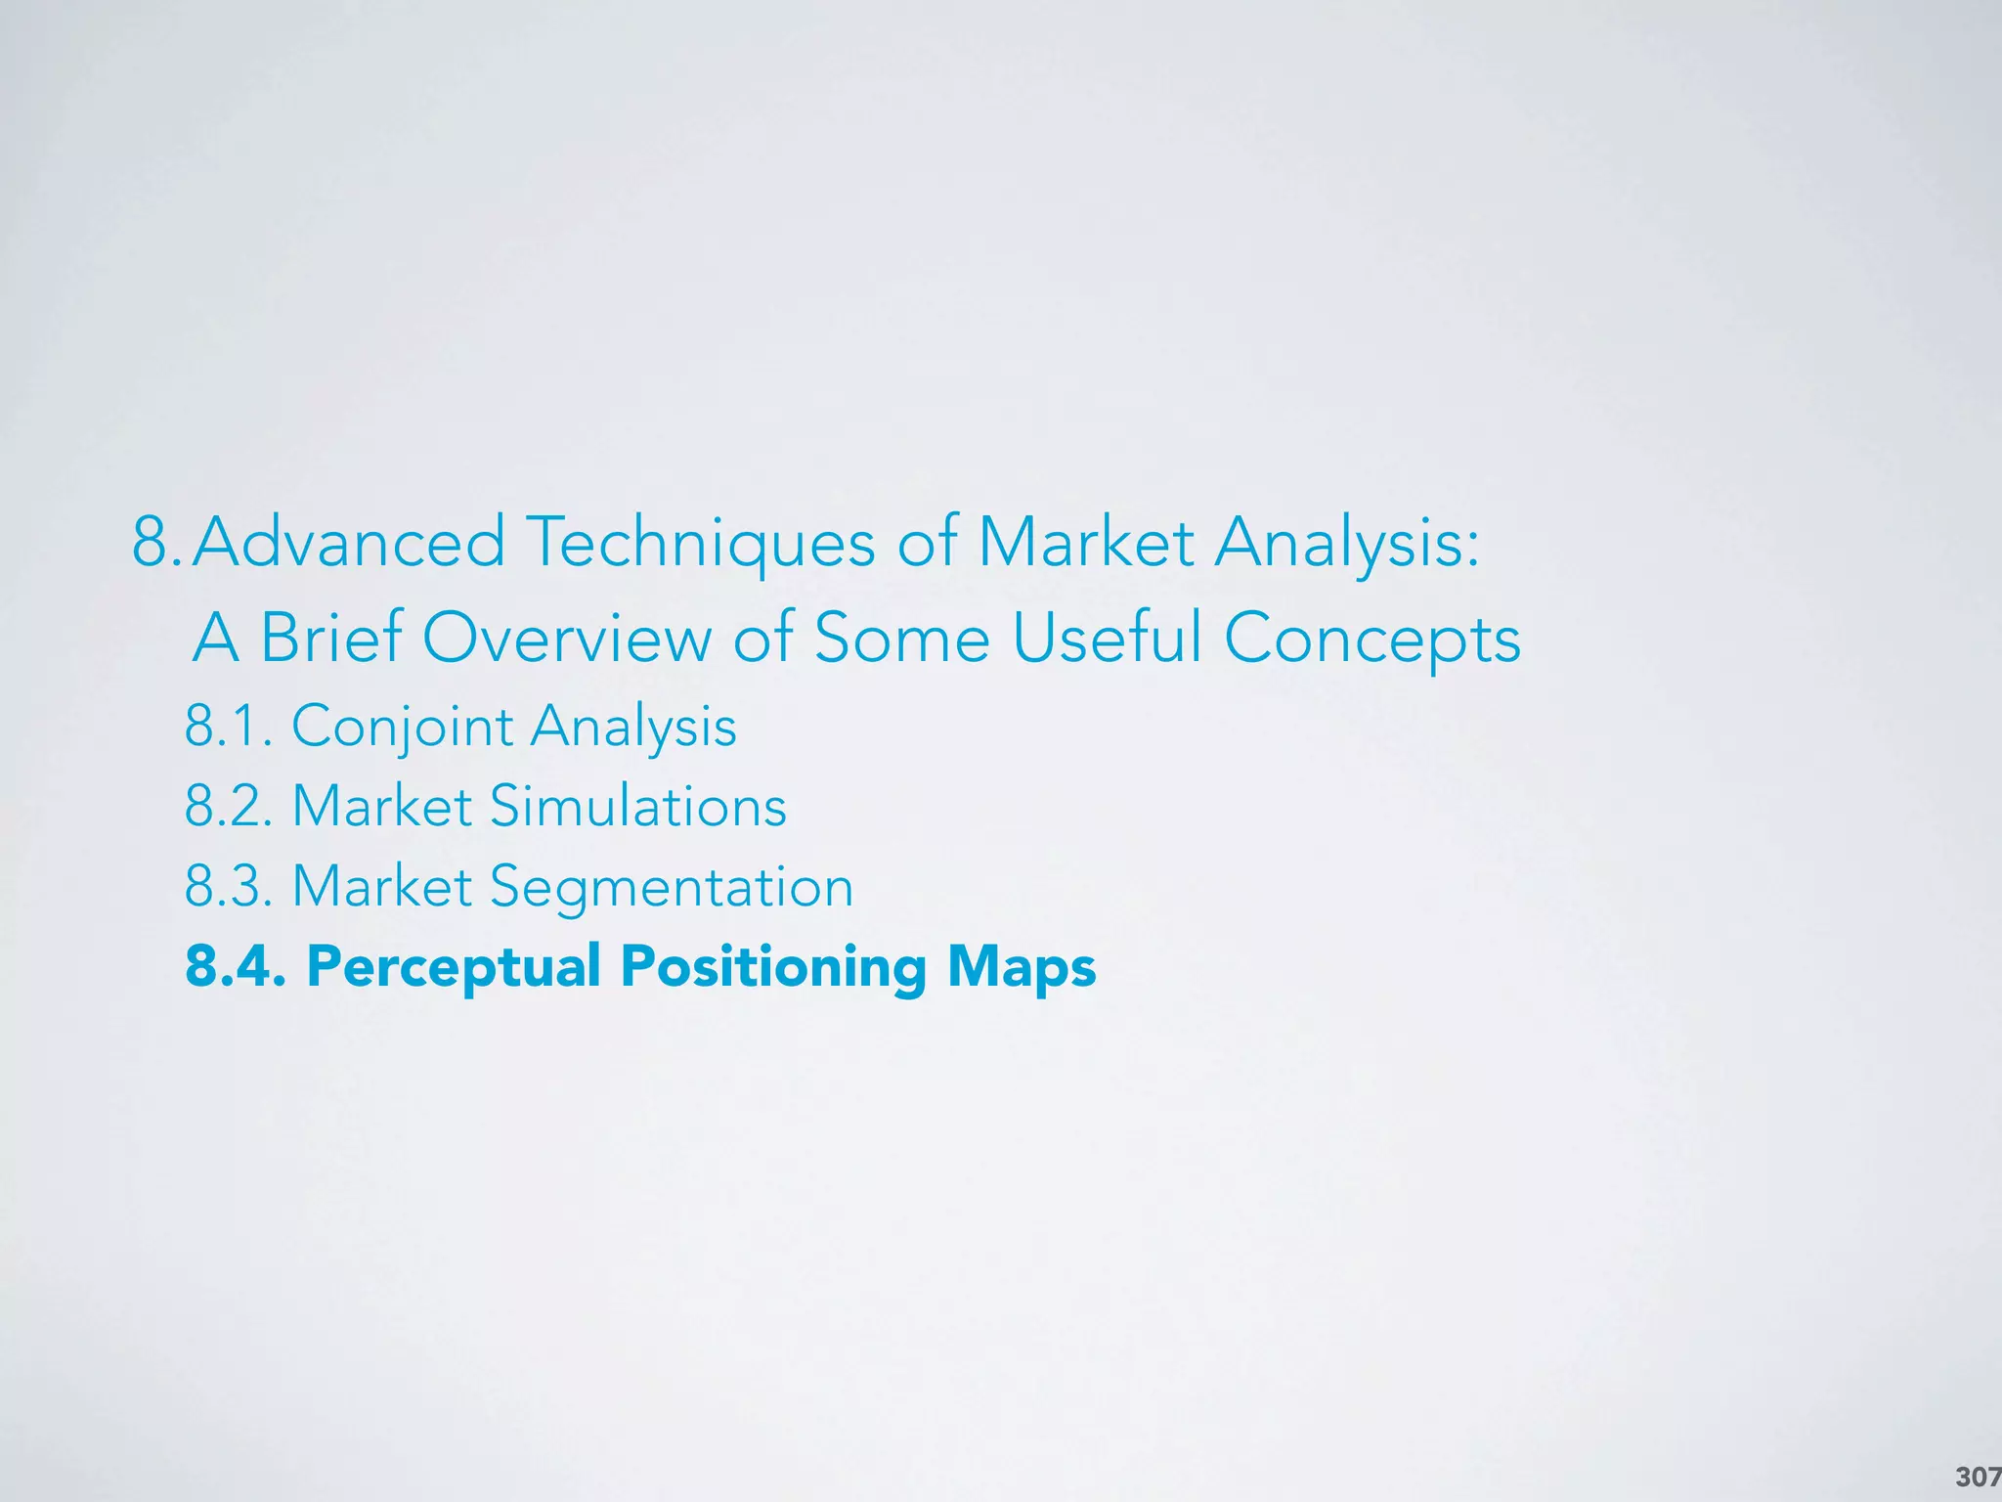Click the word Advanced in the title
pos(349,542)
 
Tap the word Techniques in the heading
pos(701,544)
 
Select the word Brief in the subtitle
pos(331,638)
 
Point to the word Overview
pos(567,638)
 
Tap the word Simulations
pos(637,807)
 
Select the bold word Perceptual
pos(454,968)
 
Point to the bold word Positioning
pos(773,968)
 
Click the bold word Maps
pos(1022,968)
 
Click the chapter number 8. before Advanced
pos(156,542)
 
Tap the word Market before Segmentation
pos(382,887)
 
